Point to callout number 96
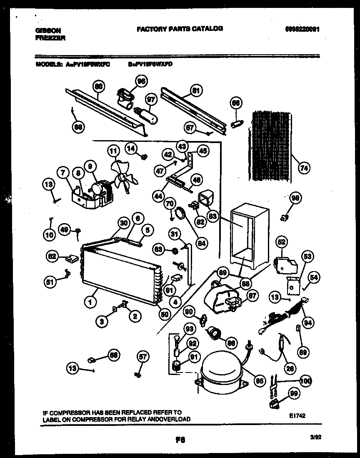pyautogui.click(x=141, y=81)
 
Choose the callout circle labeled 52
pyautogui.click(x=282, y=241)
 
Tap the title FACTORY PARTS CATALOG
pyautogui.click(x=180, y=28)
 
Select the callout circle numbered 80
pyautogui.click(x=98, y=87)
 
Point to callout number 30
pyautogui.click(x=123, y=223)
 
